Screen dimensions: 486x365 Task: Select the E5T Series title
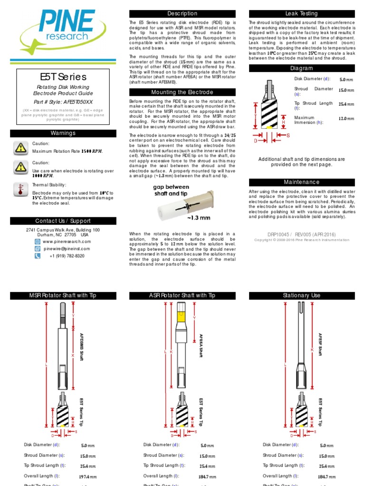[x=63, y=77]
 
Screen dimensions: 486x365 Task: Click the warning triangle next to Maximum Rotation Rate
[x=20, y=148]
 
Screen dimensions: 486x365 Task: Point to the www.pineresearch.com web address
[x=67, y=242]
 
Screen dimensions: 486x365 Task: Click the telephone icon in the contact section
[x=38, y=256]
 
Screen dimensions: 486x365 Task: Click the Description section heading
[x=182, y=14]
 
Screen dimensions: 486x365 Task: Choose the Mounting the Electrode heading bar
[x=182, y=92]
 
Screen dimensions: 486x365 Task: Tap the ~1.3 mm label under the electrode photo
[x=199, y=218]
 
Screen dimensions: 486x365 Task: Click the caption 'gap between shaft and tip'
[x=170, y=190]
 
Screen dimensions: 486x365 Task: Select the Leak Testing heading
[x=301, y=14]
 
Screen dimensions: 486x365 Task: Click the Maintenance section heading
[x=301, y=182]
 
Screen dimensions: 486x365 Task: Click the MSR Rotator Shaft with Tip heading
[x=63, y=295]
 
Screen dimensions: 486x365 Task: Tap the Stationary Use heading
[x=301, y=295]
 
